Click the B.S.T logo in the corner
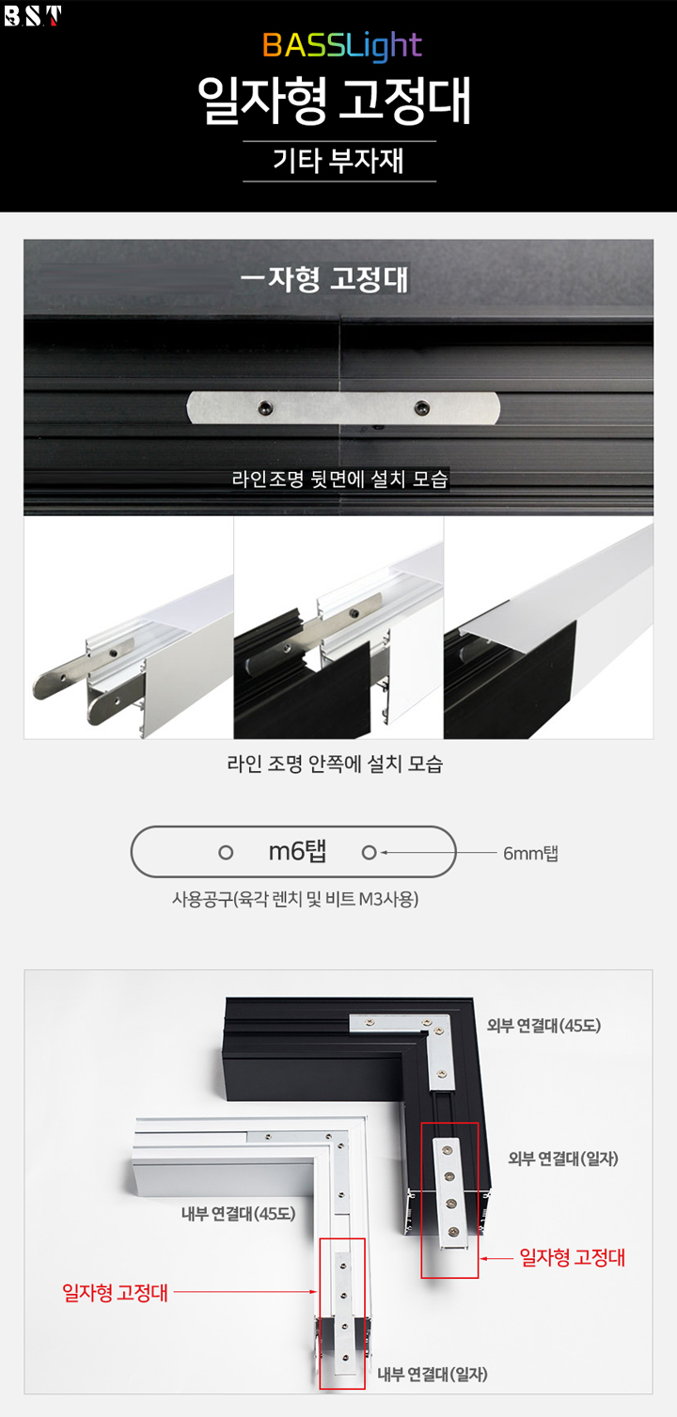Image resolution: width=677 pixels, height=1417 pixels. click(33, 16)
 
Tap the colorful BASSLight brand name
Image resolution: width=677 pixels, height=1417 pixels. click(342, 45)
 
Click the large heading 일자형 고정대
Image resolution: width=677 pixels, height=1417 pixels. click(334, 101)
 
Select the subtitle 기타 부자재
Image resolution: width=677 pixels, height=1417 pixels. click(338, 161)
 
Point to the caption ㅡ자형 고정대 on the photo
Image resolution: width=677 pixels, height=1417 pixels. click(324, 279)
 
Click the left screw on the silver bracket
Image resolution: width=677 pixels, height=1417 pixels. click(266, 408)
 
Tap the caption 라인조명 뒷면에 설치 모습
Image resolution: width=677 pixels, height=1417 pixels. click(340, 479)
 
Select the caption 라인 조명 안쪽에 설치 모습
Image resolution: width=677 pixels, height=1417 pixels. click(335, 764)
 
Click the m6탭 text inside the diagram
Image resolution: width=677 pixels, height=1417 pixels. click(297, 852)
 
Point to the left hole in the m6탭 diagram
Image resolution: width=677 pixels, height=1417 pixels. click(226, 853)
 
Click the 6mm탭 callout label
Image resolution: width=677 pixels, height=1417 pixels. click(530, 854)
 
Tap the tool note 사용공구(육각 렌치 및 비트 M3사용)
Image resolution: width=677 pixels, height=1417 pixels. click(295, 899)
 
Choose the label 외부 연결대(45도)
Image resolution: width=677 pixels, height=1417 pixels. click(543, 1026)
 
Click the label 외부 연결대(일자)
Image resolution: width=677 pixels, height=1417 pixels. click(563, 1158)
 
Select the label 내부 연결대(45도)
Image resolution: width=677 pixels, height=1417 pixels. click(239, 1213)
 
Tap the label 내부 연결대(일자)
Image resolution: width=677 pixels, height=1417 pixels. click(433, 1374)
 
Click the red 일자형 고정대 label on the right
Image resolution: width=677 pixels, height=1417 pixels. click(572, 1257)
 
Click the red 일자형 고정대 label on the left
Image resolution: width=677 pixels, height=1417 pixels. click(115, 1292)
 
